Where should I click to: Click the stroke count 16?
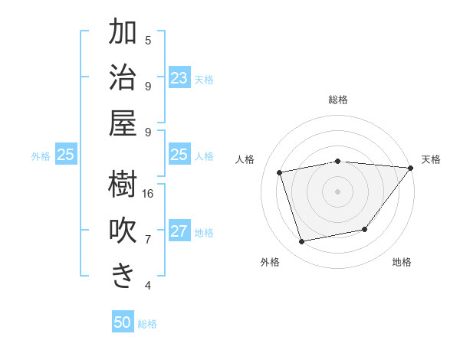pyautogui.click(x=148, y=194)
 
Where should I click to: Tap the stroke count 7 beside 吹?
pyautogui.click(x=148, y=240)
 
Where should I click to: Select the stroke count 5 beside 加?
pyautogui.click(x=148, y=40)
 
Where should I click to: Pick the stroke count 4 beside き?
pyautogui.click(x=148, y=286)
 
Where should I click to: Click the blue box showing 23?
pyautogui.click(x=179, y=77)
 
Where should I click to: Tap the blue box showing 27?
pyautogui.click(x=179, y=231)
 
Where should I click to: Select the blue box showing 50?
pyautogui.click(x=123, y=322)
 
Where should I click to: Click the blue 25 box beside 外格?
pyautogui.click(x=65, y=155)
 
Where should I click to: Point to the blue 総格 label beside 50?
pyautogui.click(x=147, y=324)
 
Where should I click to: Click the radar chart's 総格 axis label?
pyautogui.click(x=337, y=100)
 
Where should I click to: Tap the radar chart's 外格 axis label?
pyautogui.click(x=270, y=262)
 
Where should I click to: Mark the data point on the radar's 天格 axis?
pyautogui.click(x=411, y=168)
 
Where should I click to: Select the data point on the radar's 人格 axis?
pyautogui.click(x=280, y=172)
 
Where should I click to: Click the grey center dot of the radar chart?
pyautogui.click(x=337, y=191)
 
